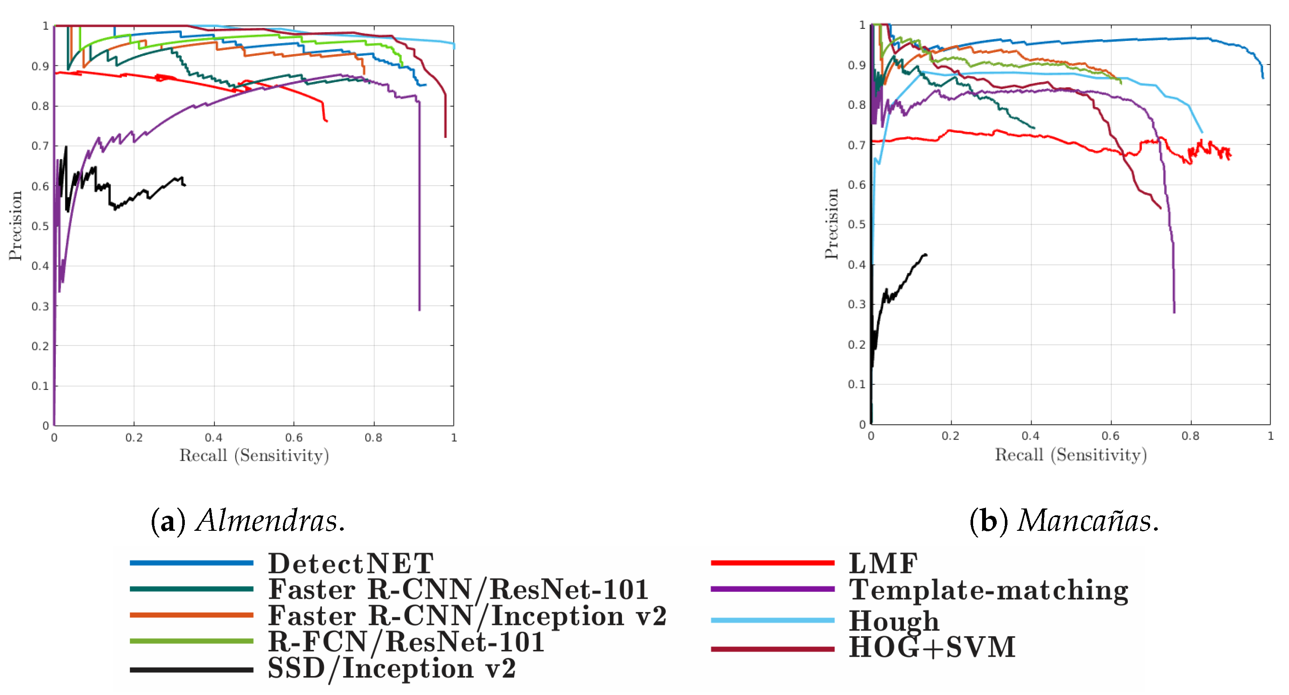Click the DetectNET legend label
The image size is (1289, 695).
coord(350,564)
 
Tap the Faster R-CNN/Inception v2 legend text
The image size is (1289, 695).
coord(467,616)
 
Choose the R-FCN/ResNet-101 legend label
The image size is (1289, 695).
coord(406,642)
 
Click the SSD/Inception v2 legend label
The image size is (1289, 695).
coord(391,668)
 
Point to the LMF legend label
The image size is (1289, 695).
coord(883,564)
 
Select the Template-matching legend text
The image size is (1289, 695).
coord(988,590)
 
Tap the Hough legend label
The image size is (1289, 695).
coord(894,621)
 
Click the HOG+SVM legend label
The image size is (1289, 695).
coord(932,647)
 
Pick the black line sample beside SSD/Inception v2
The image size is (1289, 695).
coord(191,670)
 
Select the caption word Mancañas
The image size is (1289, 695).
coord(1088,521)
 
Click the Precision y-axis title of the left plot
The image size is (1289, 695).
coord(15,225)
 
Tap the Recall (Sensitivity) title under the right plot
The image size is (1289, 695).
coord(1070,455)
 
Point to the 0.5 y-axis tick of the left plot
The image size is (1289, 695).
coord(40,226)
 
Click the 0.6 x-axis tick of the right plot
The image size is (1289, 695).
coord(1110,436)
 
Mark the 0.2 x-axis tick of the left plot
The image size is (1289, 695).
coord(134,438)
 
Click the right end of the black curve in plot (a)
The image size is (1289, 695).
coord(185,186)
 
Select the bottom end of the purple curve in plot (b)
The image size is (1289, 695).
coord(1174,312)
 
